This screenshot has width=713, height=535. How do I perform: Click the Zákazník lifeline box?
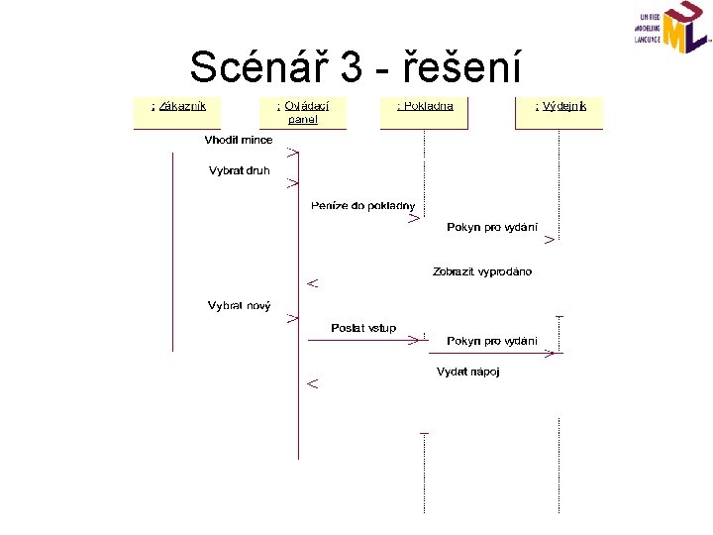[177, 112]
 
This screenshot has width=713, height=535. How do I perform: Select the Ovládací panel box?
[303, 112]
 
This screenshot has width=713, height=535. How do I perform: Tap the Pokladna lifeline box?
[425, 112]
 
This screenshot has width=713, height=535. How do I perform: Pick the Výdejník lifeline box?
[560, 112]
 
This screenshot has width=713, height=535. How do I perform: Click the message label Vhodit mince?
[239, 140]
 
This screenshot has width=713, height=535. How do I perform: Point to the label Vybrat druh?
[239, 170]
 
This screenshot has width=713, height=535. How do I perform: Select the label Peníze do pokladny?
[364, 205]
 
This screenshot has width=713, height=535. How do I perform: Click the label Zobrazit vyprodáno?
[482, 271]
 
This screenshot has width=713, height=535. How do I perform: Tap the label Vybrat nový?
[239, 305]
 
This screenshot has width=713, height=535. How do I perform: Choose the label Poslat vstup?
[363, 328]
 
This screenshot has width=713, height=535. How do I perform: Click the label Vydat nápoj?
[468, 372]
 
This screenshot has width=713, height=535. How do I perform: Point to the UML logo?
[672, 29]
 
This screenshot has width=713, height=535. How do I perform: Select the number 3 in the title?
[351, 67]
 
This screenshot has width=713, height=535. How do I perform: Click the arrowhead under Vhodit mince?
[293, 153]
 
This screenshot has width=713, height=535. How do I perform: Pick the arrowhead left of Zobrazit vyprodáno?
[312, 283]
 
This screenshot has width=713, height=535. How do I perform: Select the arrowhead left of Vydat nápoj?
[312, 382]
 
